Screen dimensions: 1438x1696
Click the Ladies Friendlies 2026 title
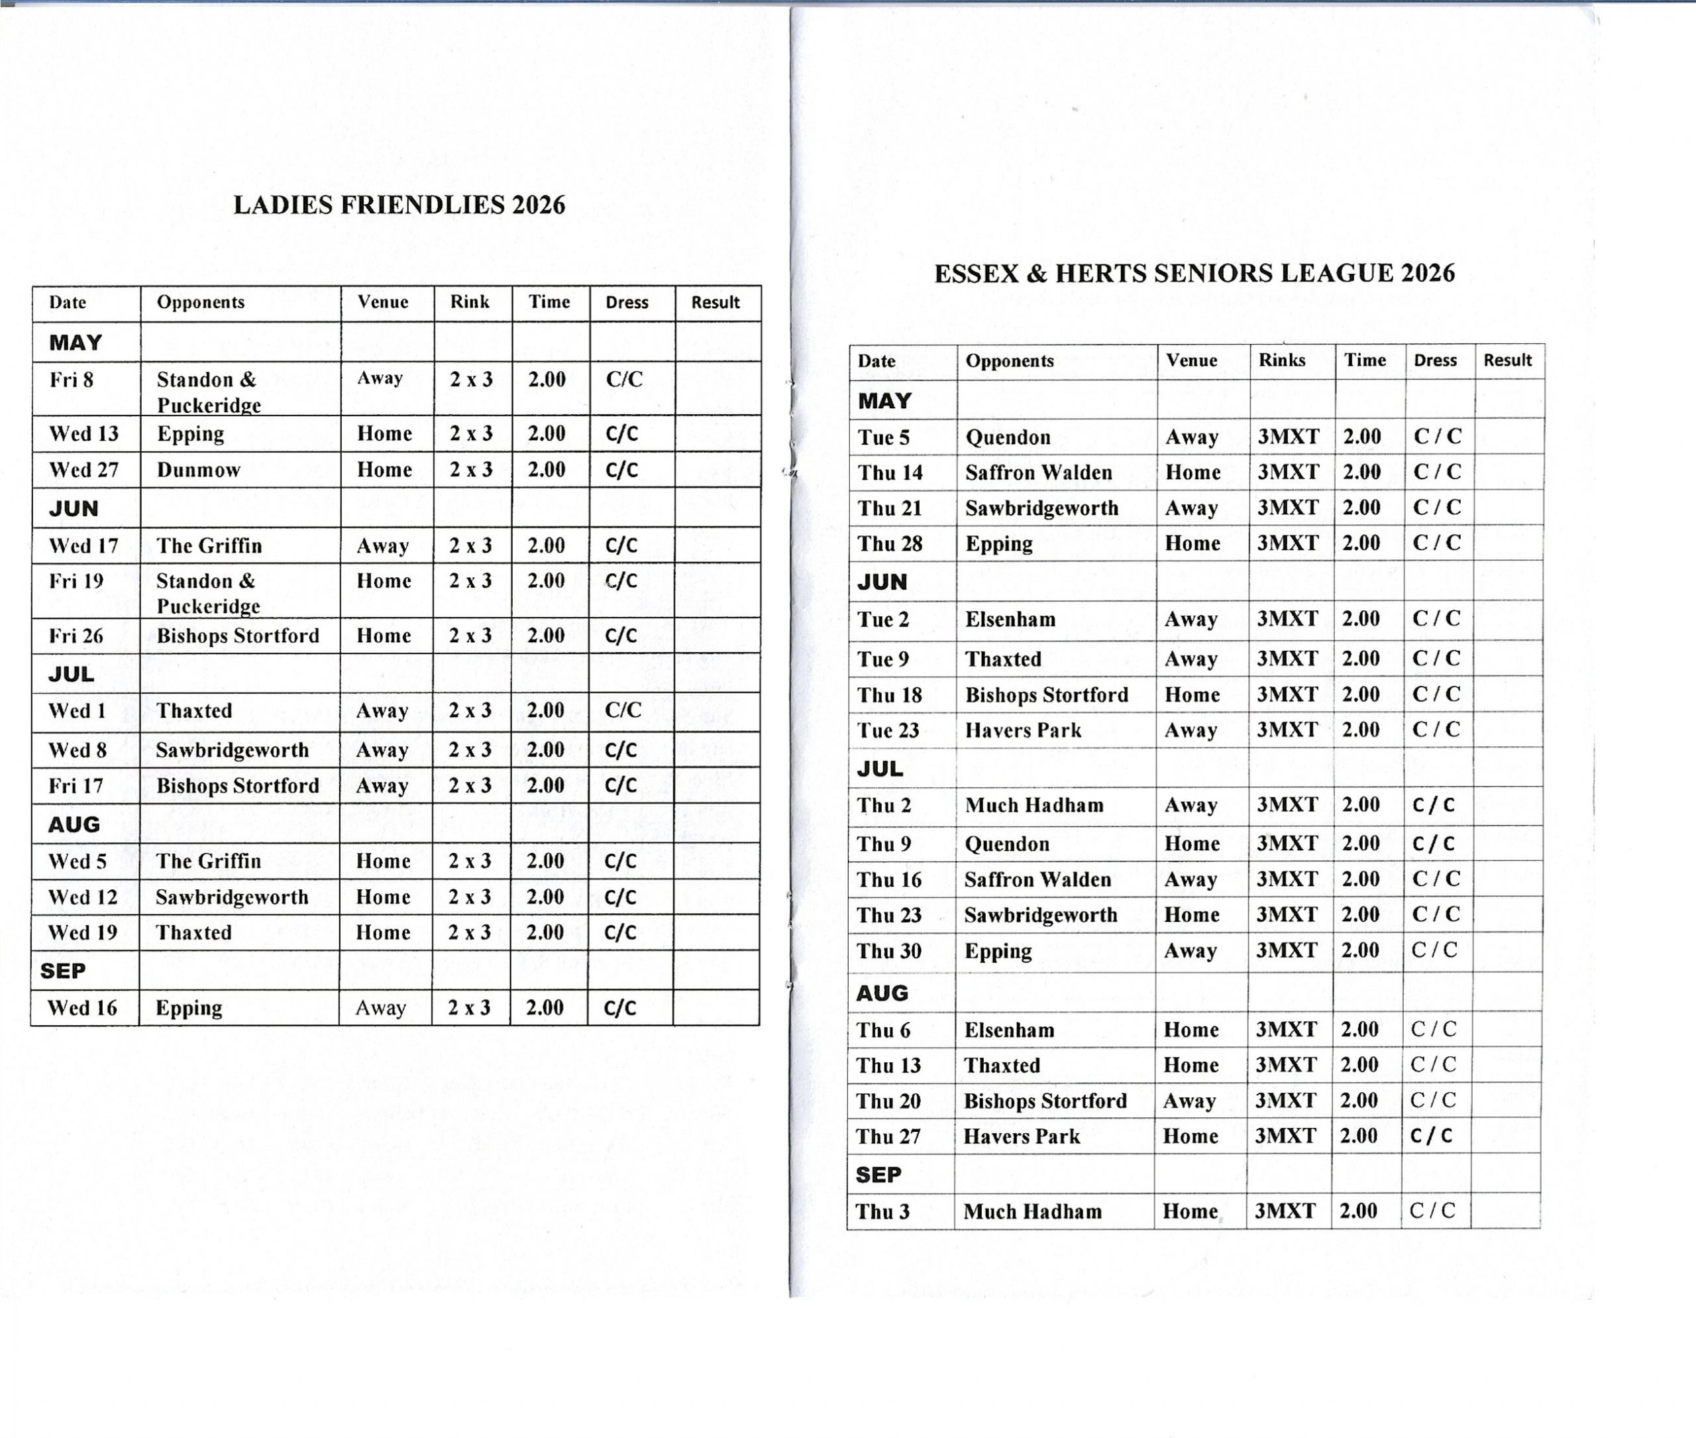tap(399, 205)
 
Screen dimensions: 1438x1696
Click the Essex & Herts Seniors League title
tap(1194, 273)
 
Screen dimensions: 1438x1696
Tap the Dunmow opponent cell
tap(198, 470)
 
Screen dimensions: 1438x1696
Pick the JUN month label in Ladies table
tap(74, 509)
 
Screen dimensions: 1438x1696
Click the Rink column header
tap(470, 302)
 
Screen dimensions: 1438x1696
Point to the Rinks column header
tap(1281, 360)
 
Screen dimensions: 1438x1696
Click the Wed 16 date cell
tap(81, 1009)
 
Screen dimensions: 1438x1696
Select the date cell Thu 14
tap(890, 472)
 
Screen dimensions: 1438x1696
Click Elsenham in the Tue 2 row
tap(1010, 620)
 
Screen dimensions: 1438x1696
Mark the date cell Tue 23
tap(888, 730)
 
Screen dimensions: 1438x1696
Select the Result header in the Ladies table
tap(715, 302)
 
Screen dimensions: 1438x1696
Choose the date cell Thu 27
tap(888, 1136)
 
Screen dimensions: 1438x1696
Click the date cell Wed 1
tap(77, 711)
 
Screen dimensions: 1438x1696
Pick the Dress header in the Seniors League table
tap(1434, 360)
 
